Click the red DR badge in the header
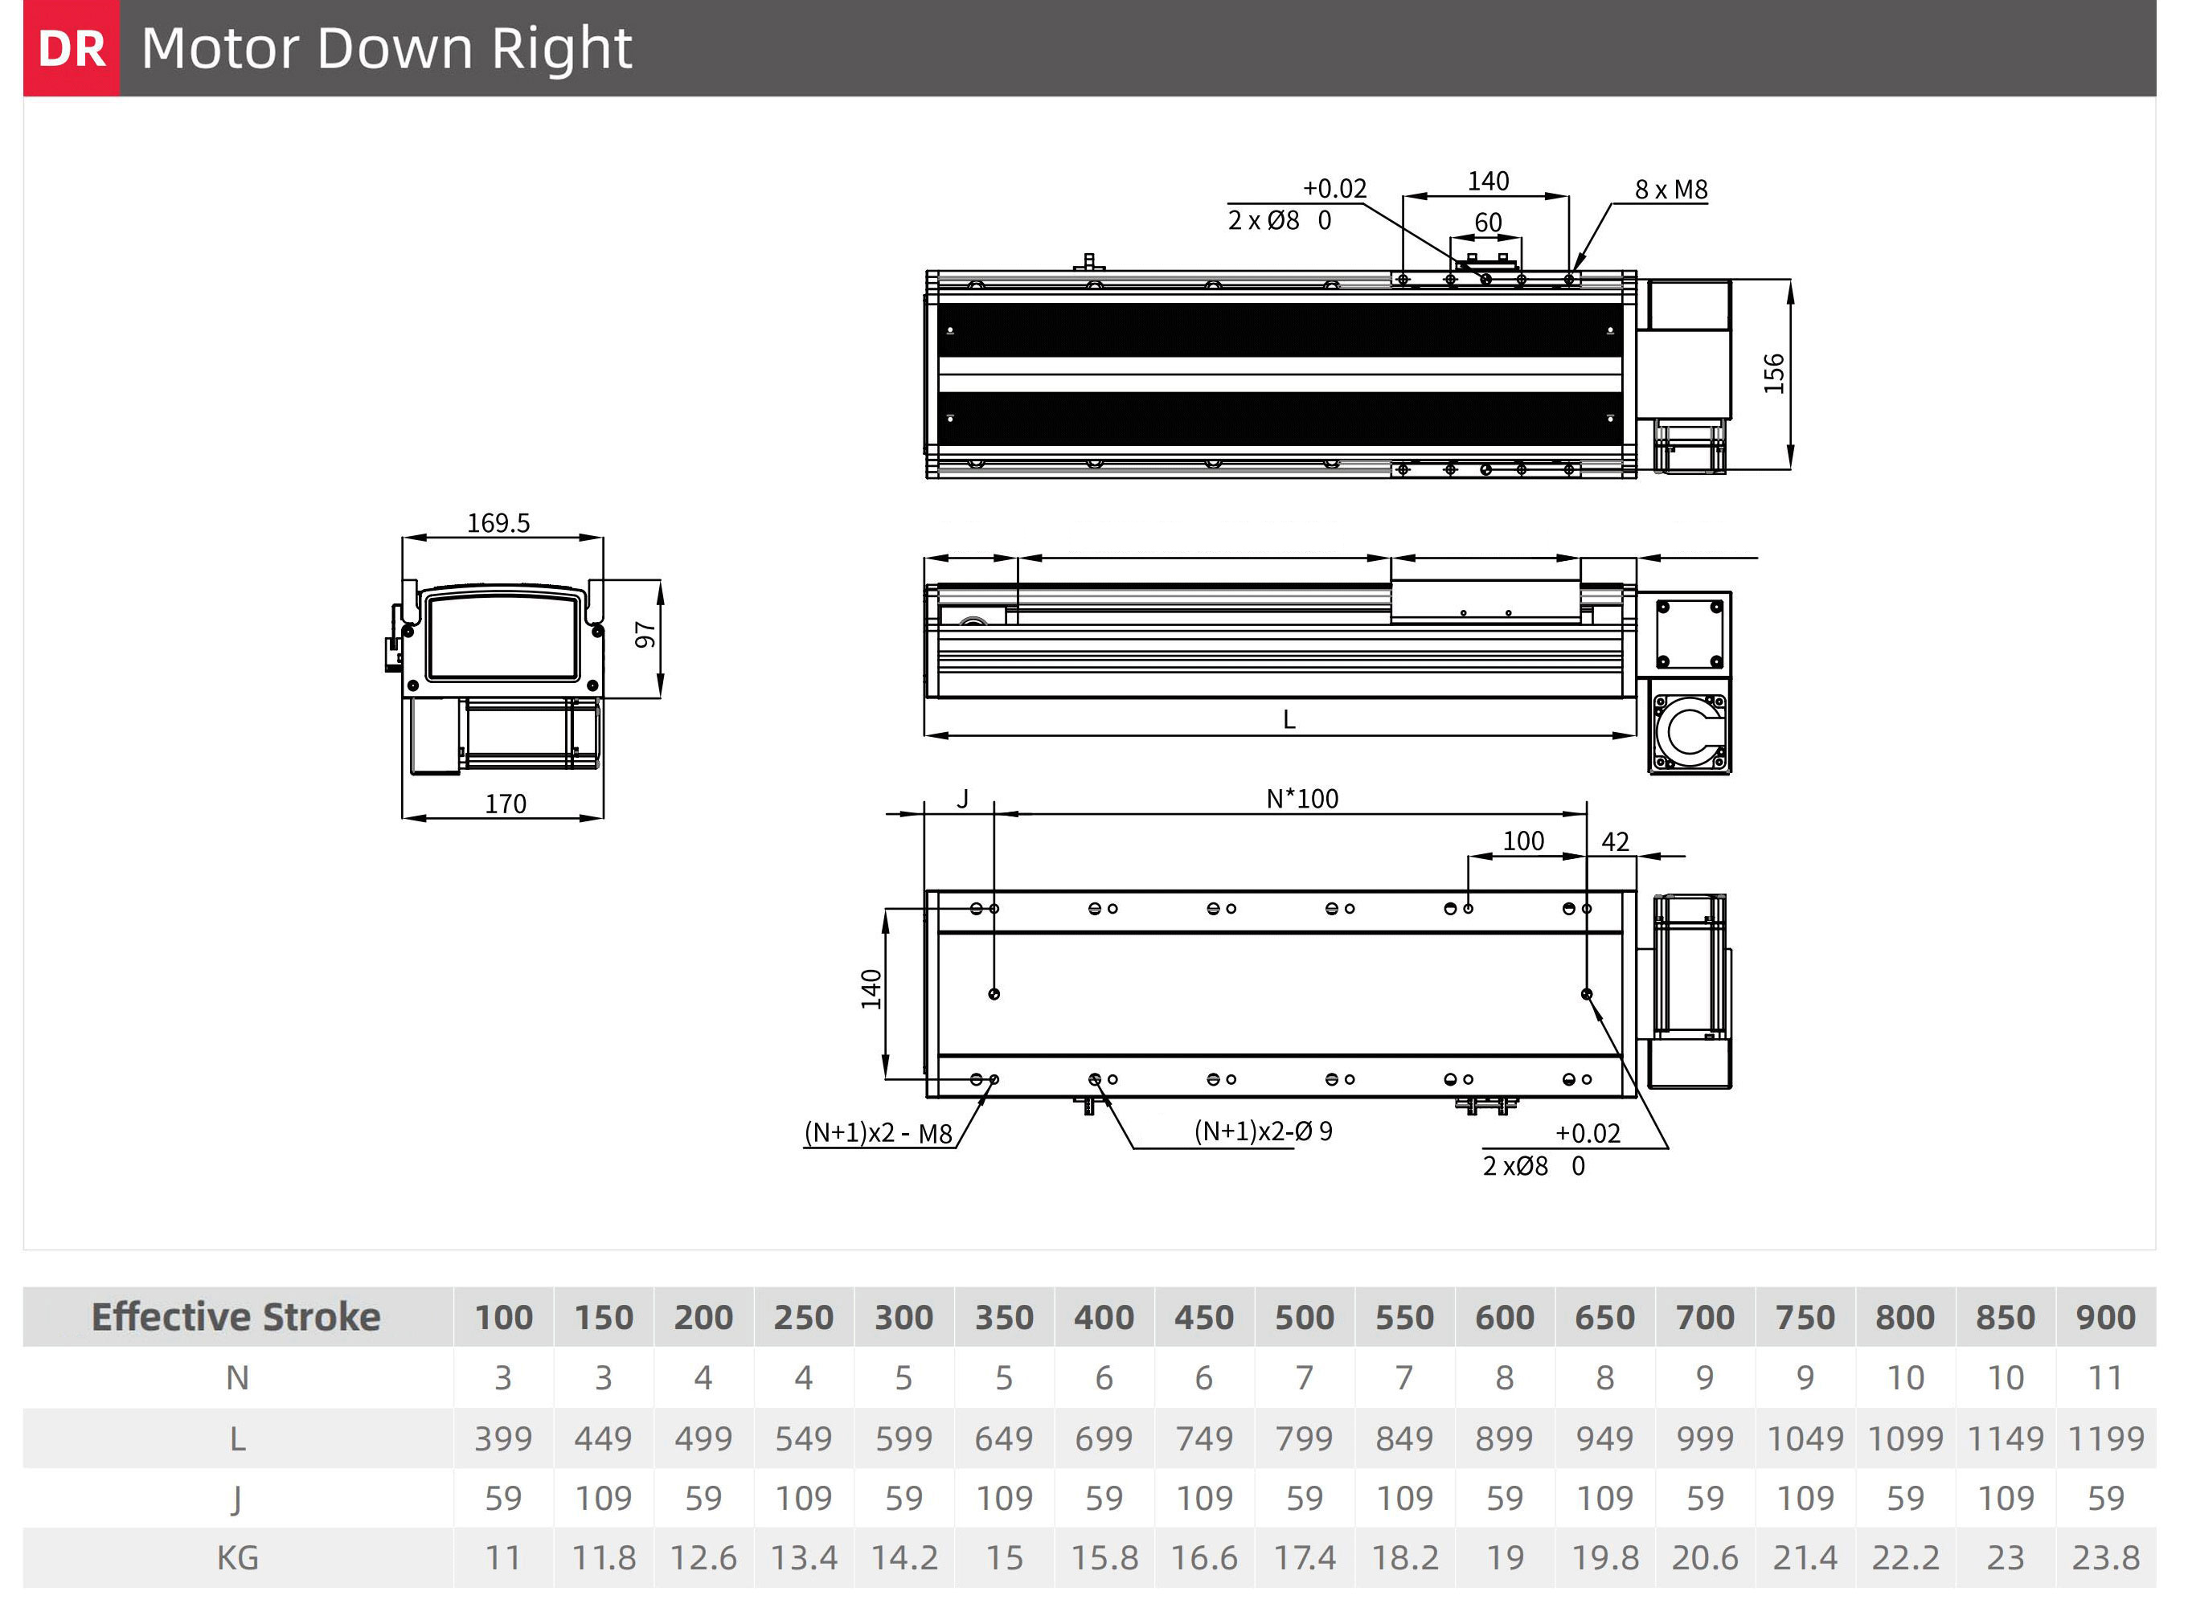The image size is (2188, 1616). click(x=72, y=48)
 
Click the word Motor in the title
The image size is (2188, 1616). click(x=221, y=48)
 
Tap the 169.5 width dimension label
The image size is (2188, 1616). click(x=498, y=523)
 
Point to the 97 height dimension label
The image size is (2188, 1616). click(x=645, y=635)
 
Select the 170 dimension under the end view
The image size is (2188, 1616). click(x=506, y=804)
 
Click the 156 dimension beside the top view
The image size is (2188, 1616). click(x=1774, y=374)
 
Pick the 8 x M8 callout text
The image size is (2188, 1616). click(x=1671, y=190)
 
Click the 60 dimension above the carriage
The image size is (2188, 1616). click(x=1487, y=223)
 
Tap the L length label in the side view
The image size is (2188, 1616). click(x=1289, y=720)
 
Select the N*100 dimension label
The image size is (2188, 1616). click(x=1302, y=800)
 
